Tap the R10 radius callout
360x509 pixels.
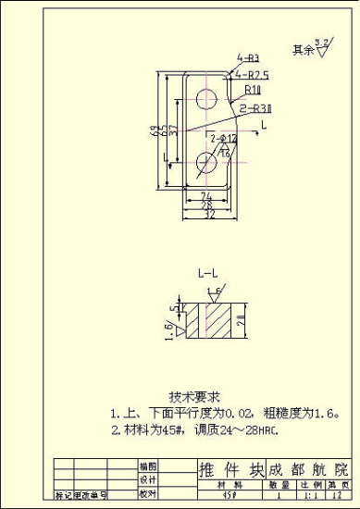pos(253,91)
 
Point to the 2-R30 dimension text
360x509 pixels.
pos(254,108)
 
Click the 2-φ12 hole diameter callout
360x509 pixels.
pos(224,139)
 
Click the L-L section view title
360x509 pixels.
pos(208,275)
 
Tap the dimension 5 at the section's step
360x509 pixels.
pos(170,308)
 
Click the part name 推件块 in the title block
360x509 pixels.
pos(224,469)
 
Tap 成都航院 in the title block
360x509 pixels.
pos(307,469)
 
